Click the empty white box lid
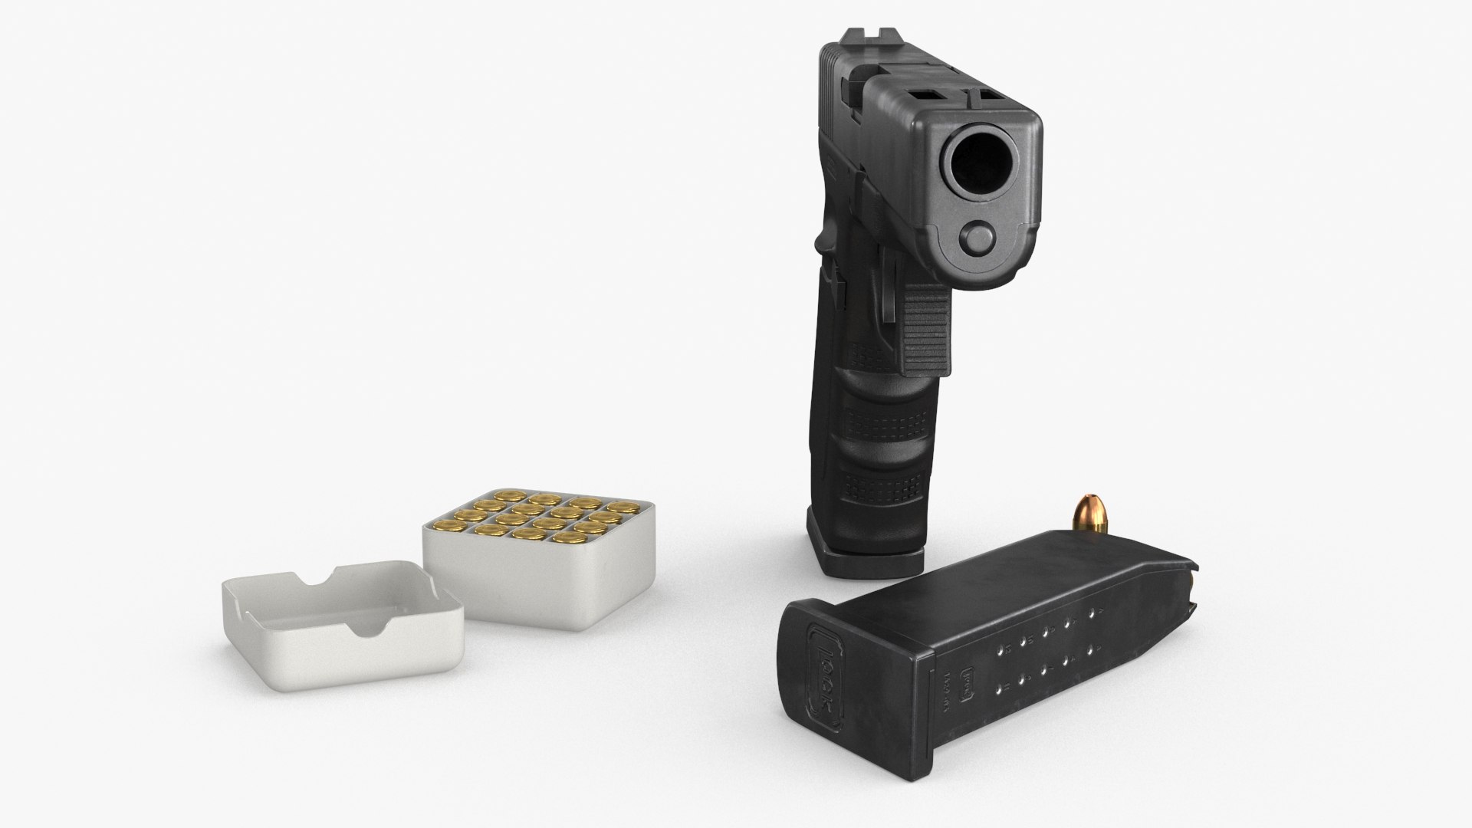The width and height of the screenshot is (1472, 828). tap(341, 613)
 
